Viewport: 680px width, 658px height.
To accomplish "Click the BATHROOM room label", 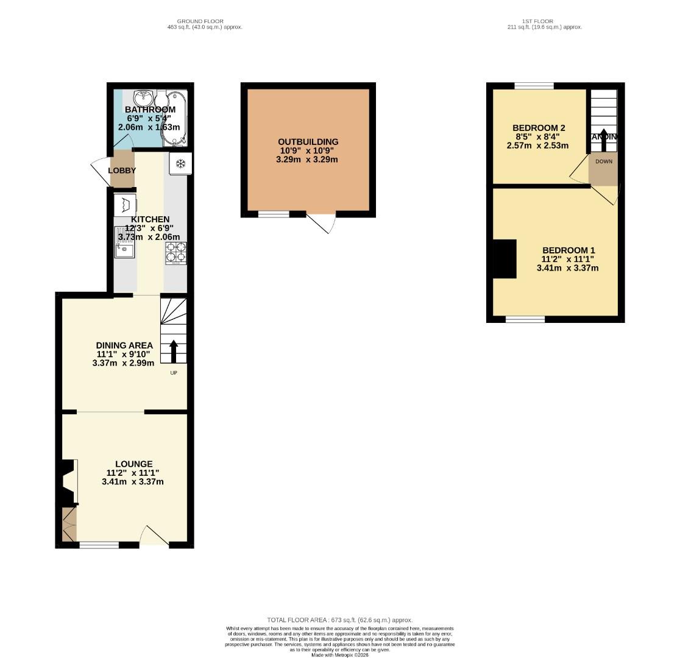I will pyautogui.click(x=150, y=110).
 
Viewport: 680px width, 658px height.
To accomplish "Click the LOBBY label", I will pyautogui.click(x=122, y=171).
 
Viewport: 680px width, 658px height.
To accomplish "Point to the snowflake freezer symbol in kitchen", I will pyautogui.click(x=181, y=163).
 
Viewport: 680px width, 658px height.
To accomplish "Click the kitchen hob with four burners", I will pyautogui.click(x=175, y=253).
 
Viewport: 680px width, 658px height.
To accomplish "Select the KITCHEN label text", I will pyautogui.click(x=150, y=219).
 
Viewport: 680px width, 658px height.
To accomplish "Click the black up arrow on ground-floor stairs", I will pyautogui.click(x=174, y=352).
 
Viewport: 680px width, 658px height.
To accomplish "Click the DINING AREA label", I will pyautogui.click(x=124, y=345).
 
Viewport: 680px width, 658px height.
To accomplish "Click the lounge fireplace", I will pyautogui.click(x=68, y=483).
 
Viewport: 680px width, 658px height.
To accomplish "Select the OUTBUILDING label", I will pyautogui.click(x=308, y=142).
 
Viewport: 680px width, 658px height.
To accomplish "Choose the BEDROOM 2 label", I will pyautogui.click(x=539, y=128).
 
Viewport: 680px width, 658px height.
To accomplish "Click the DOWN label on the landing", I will pyautogui.click(x=604, y=161).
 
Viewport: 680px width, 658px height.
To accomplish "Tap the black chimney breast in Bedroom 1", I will pyautogui.click(x=505, y=259).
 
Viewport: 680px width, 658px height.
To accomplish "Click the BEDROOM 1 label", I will pyautogui.click(x=568, y=250).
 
